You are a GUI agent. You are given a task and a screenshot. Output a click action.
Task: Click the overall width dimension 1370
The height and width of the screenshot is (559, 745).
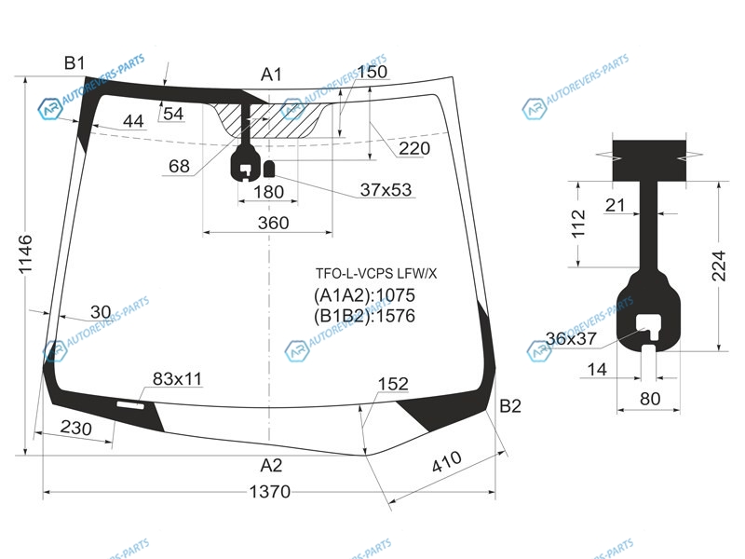(x=269, y=492)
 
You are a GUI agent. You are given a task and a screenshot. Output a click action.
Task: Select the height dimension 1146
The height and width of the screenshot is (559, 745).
(x=25, y=253)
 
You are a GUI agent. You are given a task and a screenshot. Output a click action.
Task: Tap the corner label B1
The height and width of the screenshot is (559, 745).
(x=74, y=62)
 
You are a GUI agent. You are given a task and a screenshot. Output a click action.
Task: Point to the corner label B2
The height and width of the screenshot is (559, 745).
(x=510, y=406)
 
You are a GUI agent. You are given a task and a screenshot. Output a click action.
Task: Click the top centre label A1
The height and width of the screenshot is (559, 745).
(x=271, y=75)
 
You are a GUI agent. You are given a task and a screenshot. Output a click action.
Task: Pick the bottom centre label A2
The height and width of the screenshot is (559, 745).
(x=271, y=465)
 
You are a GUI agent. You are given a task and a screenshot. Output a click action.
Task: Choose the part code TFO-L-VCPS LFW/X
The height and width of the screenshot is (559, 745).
(x=376, y=273)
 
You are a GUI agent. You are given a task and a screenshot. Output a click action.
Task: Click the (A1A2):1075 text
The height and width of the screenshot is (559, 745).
(x=364, y=295)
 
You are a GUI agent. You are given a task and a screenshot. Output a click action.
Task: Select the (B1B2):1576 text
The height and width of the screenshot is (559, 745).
(x=364, y=316)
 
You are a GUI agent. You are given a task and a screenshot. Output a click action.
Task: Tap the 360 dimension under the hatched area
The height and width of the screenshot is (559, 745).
(x=273, y=223)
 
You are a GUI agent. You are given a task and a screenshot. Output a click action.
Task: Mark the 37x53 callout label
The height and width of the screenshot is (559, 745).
(x=386, y=190)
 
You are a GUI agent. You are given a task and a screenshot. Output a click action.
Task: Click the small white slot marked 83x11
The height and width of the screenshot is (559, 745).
(x=130, y=405)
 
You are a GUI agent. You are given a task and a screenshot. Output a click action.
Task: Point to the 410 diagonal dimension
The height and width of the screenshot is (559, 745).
(x=447, y=461)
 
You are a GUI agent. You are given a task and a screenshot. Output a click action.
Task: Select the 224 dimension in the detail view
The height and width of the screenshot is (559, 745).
(x=719, y=266)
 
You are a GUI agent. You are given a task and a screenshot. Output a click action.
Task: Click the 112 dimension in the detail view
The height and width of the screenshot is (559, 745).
(x=578, y=224)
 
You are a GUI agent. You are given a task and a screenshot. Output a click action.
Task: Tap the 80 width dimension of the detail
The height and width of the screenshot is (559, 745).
(x=650, y=399)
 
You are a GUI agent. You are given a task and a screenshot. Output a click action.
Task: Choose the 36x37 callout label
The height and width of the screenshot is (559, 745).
(x=571, y=338)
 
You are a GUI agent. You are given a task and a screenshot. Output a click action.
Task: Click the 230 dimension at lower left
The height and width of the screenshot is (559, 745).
(x=76, y=428)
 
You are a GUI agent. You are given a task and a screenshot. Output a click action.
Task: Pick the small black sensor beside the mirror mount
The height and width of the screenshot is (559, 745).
(x=269, y=170)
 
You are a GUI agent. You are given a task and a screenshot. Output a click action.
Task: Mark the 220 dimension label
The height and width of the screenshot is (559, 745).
(x=414, y=148)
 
